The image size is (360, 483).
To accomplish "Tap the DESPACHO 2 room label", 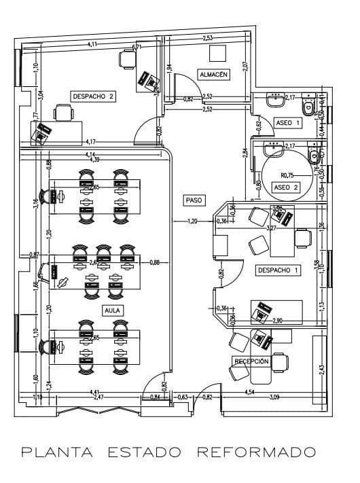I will click(x=92, y=96).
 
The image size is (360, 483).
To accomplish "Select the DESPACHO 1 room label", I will click(x=277, y=270).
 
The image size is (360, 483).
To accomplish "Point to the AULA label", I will click(x=112, y=310).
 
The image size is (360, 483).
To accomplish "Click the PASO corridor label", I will click(x=192, y=200).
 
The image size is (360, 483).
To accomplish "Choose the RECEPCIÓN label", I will click(x=251, y=361).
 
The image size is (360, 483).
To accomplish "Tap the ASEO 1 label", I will click(x=287, y=122).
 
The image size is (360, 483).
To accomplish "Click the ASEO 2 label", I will click(x=285, y=187).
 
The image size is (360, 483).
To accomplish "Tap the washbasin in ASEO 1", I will click(x=276, y=101).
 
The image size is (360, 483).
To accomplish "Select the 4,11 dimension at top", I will click(x=92, y=44).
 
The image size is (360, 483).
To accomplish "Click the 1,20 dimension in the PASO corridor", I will click(x=192, y=221).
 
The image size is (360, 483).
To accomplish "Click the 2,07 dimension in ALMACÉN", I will click(x=245, y=67).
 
